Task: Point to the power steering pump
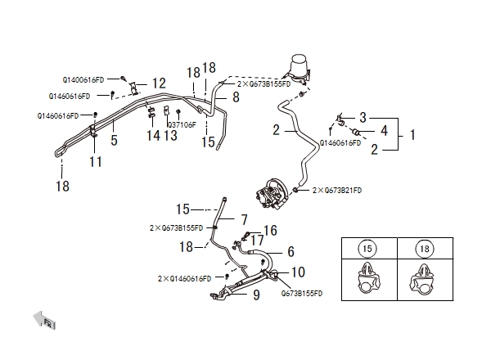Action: tap(273, 196)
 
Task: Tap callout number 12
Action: tap(158, 83)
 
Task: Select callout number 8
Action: tap(236, 97)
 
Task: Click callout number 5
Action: tap(114, 141)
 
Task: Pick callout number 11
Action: tap(96, 161)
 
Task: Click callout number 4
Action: tap(384, 131)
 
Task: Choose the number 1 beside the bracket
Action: tap(413, 133)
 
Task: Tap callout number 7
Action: tap(244, 219)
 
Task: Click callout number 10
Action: tap(298, 272)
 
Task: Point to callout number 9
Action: tap(256, 295)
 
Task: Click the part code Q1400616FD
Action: tap(83, 80)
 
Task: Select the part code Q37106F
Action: tap(182, 124)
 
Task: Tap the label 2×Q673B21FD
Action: tap(337, 190)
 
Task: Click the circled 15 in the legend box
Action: tap(367, 248)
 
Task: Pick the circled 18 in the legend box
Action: tap(423, 248)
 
